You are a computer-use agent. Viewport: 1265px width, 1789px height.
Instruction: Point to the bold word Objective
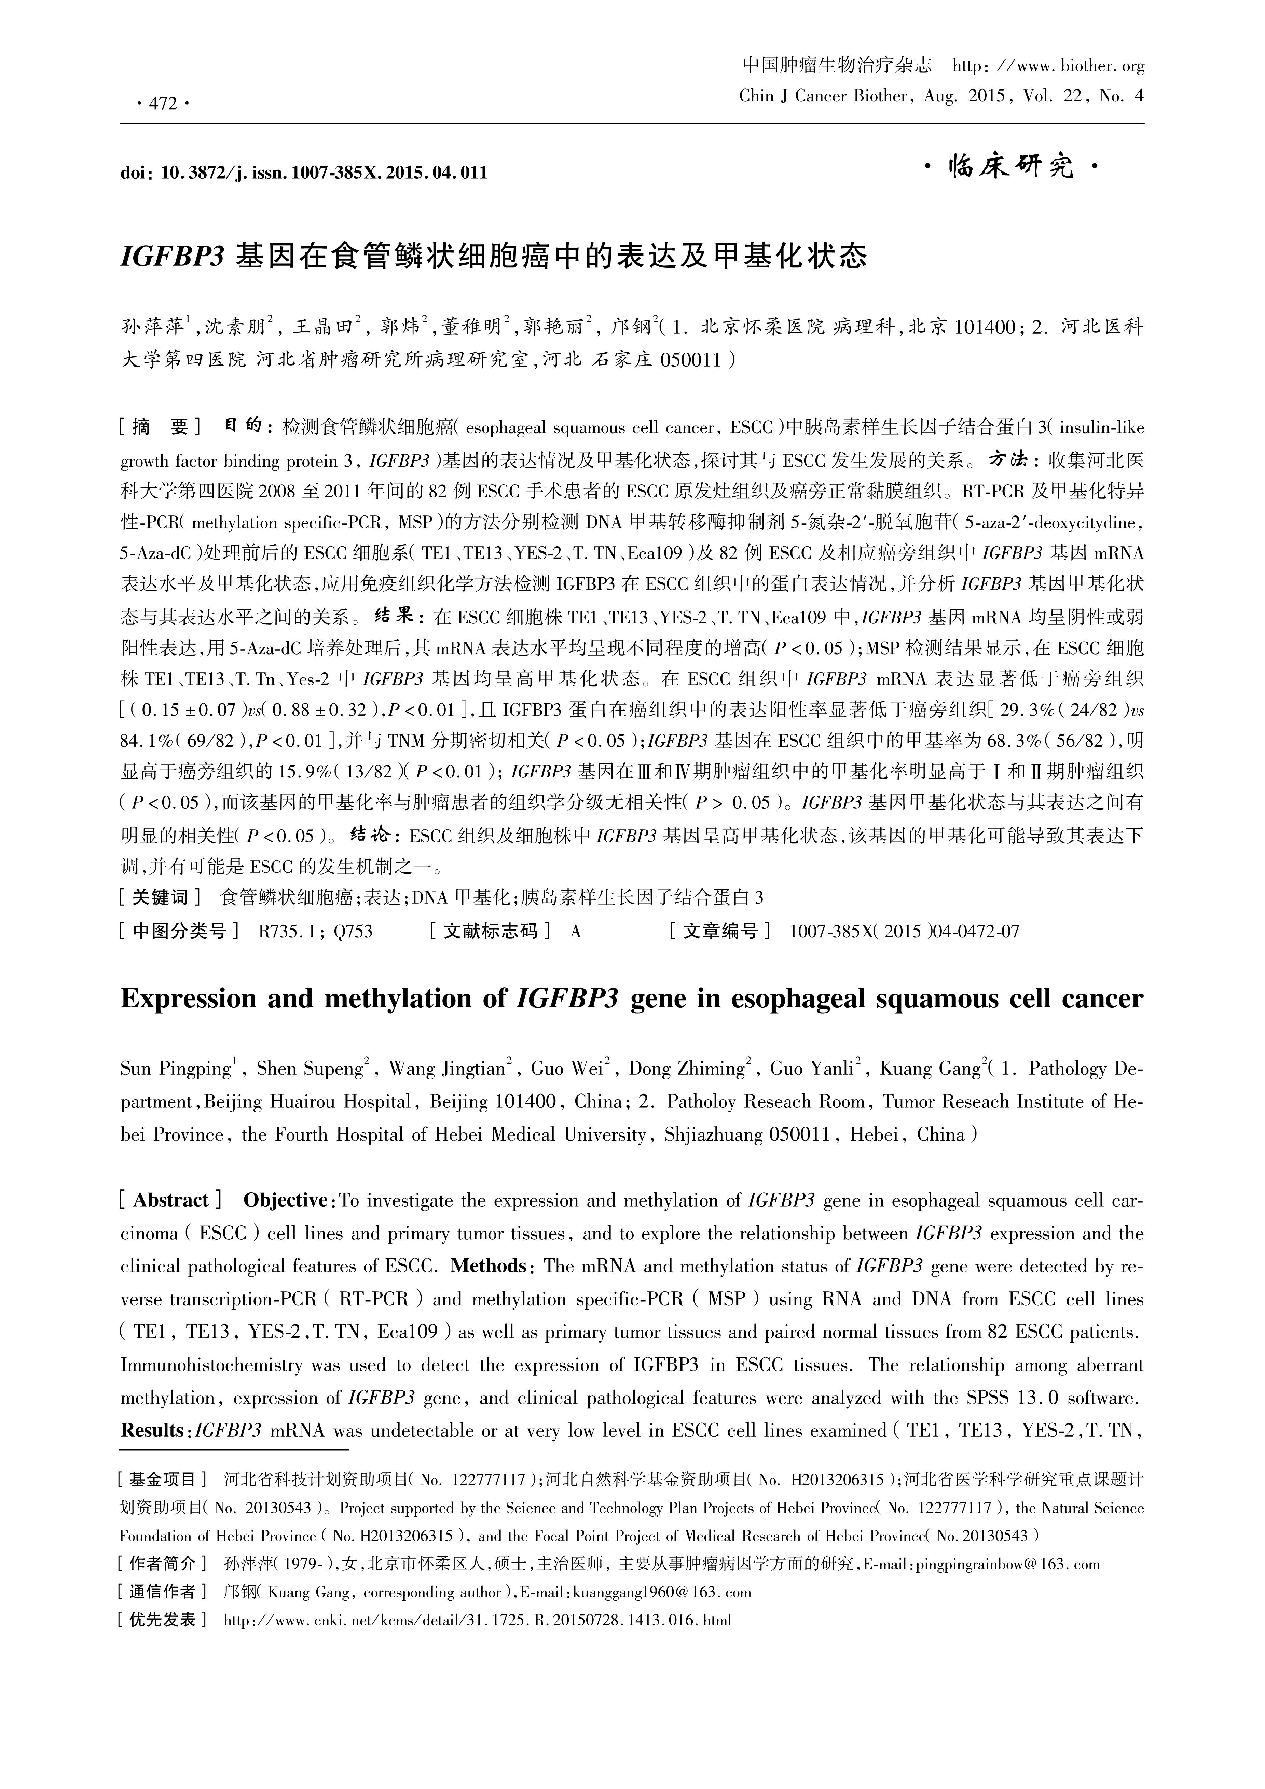tap(285, 1200)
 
